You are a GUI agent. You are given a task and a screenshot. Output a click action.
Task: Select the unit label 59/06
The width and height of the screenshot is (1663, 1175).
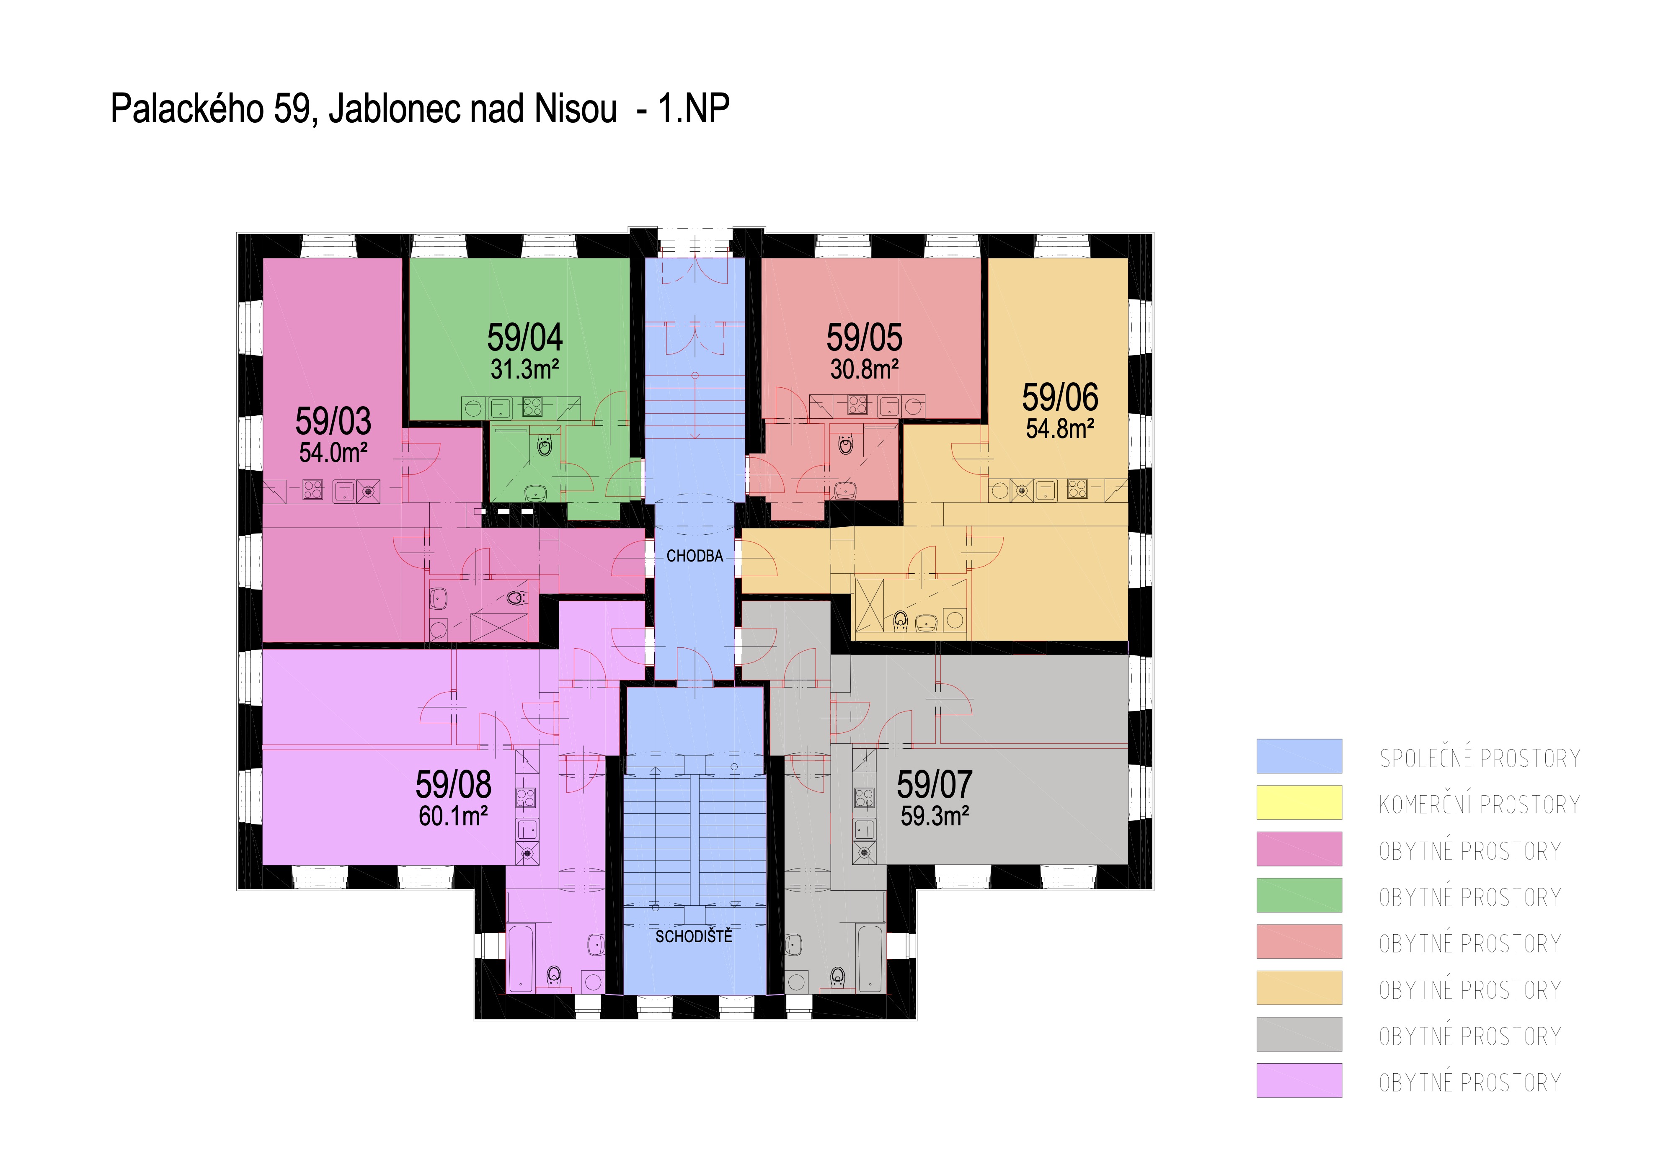click(x=1060, y=397)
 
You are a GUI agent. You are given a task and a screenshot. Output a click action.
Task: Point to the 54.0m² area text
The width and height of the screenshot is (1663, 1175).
click(x=333, y=453)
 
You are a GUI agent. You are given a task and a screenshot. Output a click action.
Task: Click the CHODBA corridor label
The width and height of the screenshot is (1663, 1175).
click(x=695, y=556)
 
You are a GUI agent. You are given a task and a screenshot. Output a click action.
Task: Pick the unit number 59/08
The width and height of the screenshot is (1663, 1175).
click(x=453, y=785)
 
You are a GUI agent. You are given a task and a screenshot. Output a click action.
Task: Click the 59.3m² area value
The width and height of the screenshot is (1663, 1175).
click(x=935, y=816)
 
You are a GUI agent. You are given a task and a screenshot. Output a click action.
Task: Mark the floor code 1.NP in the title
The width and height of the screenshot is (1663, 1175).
click(x=693, y=109)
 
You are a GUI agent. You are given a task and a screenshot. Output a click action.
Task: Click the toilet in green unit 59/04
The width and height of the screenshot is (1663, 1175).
click(x=544, y=445)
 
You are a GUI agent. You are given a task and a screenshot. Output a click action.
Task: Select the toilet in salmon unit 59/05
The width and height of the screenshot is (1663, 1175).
click(x=845, y=444)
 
